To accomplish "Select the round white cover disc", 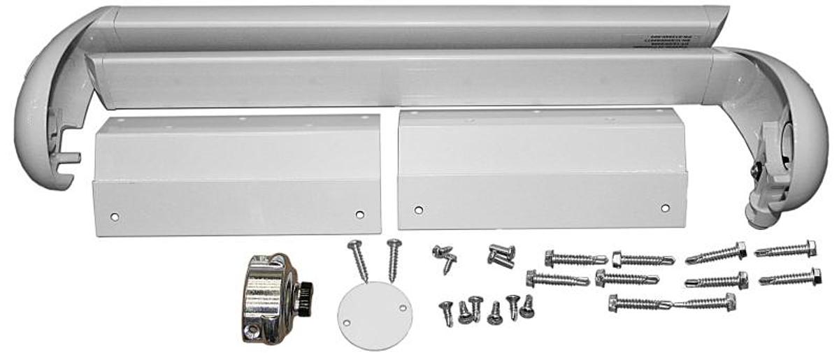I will [x=375, y=315].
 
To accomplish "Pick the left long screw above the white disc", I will [x=358, y=260].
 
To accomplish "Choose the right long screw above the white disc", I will [x=394, y=259].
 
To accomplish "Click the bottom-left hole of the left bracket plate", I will [x=115, y=217].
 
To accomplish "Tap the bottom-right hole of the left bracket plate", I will [x=360, y=215].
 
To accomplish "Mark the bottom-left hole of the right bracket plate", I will [x=418, y=210].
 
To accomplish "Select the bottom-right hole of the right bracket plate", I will [x=665, y=208].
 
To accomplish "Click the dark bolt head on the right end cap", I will [x=756, y=170].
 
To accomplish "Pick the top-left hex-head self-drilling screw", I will [x=566, y=259].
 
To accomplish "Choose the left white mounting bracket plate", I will [x=237, y=175].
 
